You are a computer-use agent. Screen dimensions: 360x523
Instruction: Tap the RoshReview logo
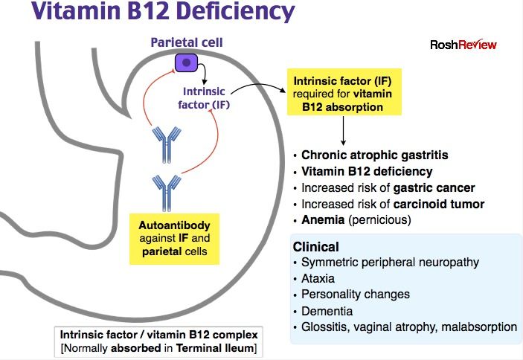(463, 45)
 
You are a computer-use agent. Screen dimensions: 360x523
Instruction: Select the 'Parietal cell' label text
(187, 42)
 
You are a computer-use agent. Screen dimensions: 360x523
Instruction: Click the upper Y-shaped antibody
(162, 144)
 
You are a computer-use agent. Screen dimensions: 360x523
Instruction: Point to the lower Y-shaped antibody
(165, 191)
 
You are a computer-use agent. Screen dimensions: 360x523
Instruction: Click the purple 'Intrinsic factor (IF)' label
(205, 98)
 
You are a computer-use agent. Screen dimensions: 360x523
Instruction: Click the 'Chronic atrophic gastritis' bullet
(379, 155)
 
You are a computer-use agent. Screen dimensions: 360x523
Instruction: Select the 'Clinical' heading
(316, 246)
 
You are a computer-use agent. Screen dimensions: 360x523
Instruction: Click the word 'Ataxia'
(318, 278)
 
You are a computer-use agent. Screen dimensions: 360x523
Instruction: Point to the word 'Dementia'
(327, 311)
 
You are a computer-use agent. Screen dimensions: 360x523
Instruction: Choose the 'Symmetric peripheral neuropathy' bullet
(390, 263)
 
